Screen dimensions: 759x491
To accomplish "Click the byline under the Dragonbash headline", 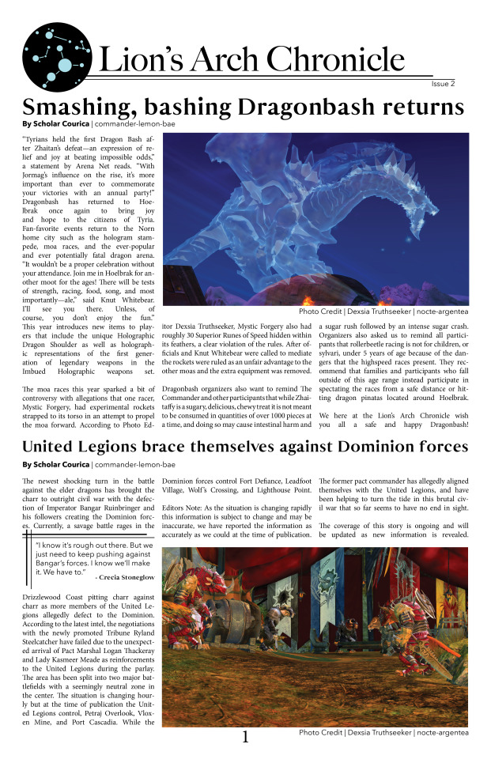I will pos(96,124).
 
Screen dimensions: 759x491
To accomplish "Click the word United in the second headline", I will pos(59,447).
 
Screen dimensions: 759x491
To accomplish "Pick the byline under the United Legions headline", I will pos(99,464).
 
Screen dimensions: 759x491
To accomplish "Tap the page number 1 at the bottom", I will pos(245,737).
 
